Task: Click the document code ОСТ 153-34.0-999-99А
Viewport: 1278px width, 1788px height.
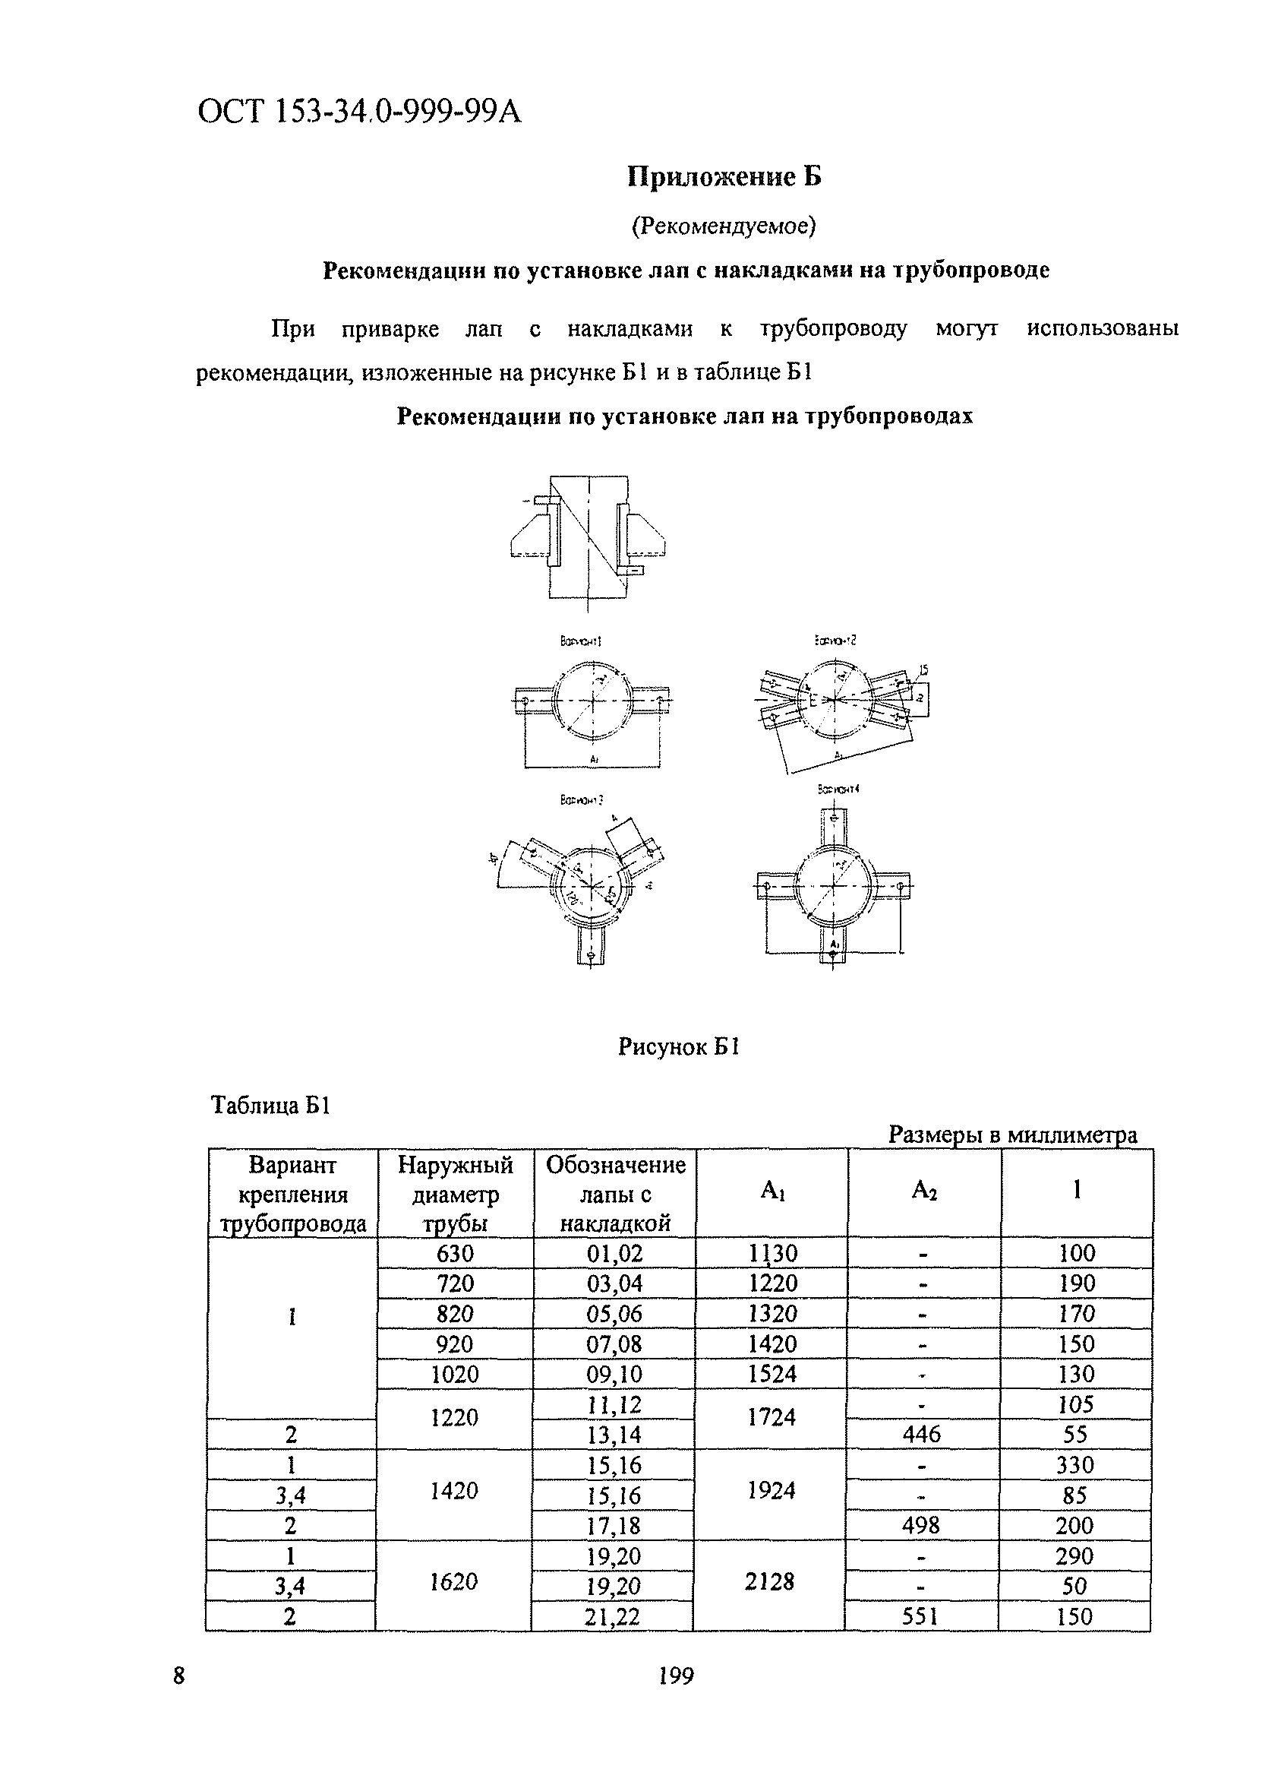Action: coord(359,112)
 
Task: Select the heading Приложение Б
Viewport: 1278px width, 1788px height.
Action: coord(724,176)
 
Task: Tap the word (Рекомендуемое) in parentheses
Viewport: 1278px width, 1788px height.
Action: coord(724,226)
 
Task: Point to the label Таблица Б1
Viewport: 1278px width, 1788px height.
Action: coord(270,1106)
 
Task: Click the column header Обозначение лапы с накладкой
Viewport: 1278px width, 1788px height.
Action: coord(615,1194)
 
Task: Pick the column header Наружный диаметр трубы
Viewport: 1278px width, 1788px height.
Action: coord(456,1194)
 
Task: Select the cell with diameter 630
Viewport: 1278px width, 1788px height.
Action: coord(456,1253)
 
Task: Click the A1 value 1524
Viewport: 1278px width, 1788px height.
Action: coord(772,1374)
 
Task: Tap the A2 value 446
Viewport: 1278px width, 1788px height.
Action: coord(922,1435)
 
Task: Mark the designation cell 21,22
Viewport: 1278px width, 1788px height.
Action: coord(613,1617)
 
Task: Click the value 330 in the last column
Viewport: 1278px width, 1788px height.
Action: coord(1075,1465)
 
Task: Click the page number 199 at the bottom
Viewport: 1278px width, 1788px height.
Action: coord(676,1678)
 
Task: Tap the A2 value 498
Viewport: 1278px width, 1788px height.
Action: coord(921,1526)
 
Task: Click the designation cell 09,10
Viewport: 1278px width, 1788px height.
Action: coord(614,1374)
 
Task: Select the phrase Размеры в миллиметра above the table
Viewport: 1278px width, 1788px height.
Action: coord(1013,1135)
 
